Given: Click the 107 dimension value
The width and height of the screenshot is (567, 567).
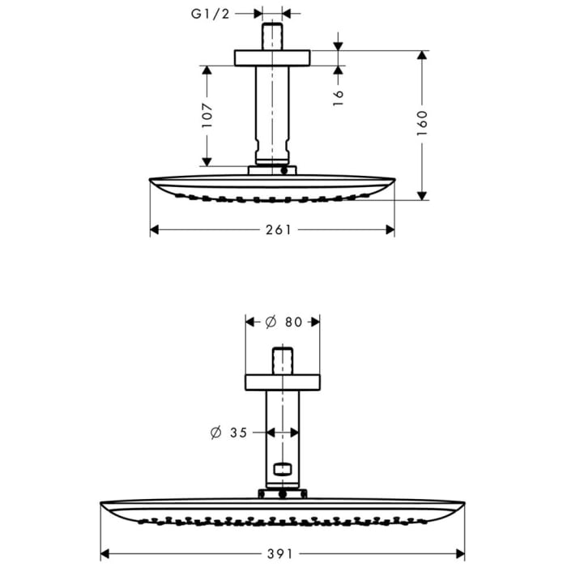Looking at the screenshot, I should (207, 116).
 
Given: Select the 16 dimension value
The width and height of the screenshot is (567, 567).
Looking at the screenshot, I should (339, 94).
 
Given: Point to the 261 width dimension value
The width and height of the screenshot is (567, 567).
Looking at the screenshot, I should (278, 229).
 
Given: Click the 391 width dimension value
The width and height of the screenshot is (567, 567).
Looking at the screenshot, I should (281, 553).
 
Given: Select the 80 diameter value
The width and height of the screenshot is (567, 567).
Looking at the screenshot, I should (293, 322).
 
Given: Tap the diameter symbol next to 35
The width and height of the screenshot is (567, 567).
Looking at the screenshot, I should (216, 433).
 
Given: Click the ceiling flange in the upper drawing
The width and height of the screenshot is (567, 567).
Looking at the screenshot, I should (273, 58).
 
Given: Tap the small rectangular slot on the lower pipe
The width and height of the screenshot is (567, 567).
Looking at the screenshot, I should (282, 468).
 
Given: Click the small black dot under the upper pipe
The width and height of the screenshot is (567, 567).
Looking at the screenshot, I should (283, 171).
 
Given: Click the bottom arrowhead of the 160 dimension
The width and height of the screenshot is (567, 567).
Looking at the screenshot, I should (422, 194).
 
